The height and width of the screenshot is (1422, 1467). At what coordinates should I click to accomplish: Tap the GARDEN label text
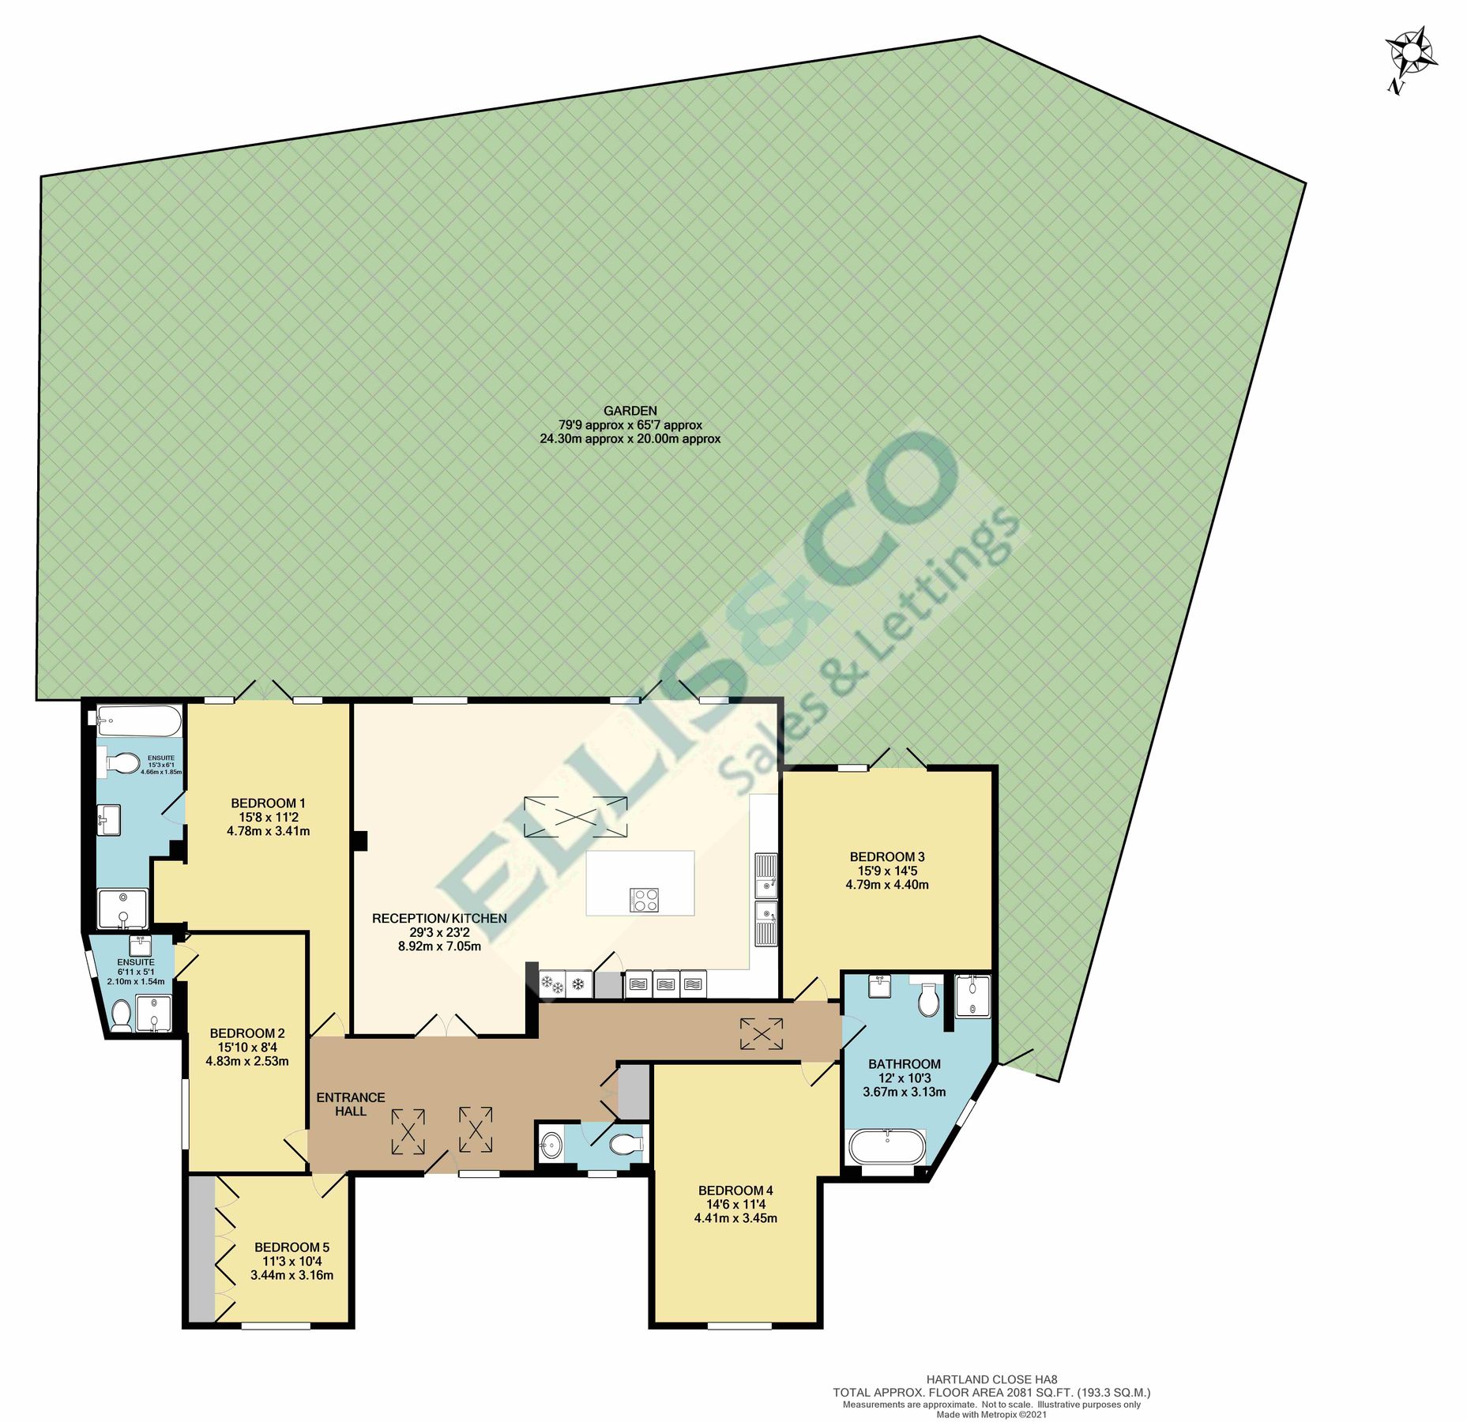click(630, 411)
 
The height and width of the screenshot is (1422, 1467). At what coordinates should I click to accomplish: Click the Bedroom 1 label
click(268, 803)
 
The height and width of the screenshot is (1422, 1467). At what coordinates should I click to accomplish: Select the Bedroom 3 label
click(886, 857)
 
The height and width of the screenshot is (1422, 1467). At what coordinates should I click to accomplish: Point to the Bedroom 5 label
click(292, 1247)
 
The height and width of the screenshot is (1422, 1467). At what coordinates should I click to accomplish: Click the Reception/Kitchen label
click(439, 918)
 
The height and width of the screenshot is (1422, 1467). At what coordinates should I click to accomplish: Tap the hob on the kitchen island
click(644, 899)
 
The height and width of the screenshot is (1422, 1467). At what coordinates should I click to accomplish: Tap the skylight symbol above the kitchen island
click(575, 817)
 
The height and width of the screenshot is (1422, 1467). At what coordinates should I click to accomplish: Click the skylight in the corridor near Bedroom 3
click(762, 1033)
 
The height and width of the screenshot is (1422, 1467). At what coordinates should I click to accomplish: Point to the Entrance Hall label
click(350, 1104)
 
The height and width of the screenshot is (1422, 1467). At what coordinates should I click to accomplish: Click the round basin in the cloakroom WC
click(551, 1143)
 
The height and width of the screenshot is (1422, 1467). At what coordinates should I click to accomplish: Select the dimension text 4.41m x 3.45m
click(735, 1218)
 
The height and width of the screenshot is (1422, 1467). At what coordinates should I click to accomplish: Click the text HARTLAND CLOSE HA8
click(991, 1379)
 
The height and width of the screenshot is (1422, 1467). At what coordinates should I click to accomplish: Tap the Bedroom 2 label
click(247, 1033)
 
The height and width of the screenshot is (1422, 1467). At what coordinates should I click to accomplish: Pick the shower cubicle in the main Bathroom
click(972, 995)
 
